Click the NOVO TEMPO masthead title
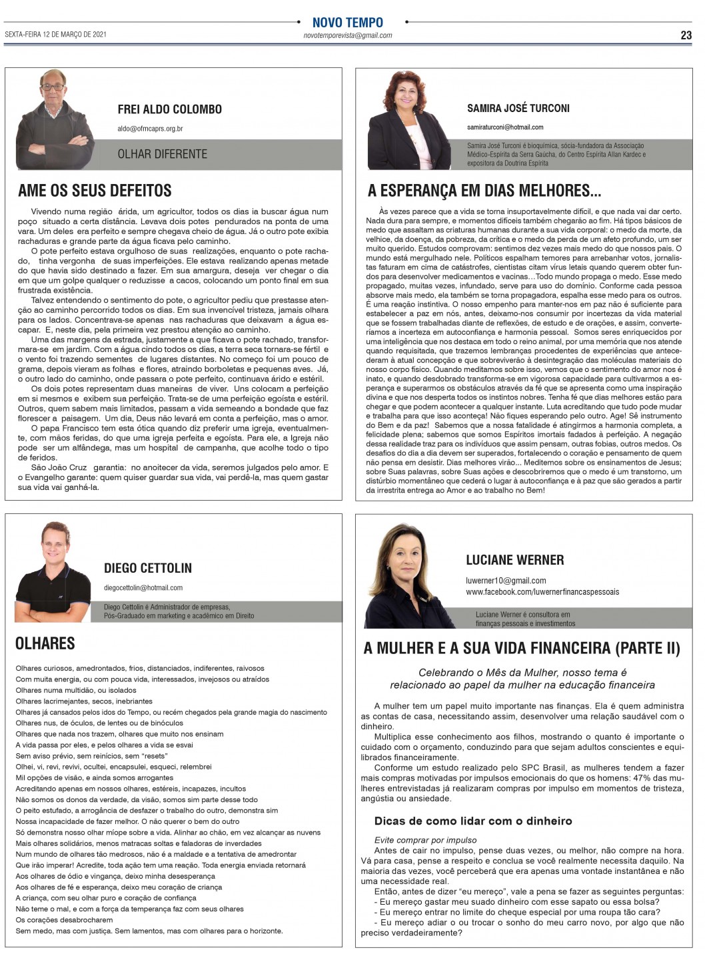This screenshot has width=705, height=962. click(x=347, y=22)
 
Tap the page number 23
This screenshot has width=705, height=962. click(x=686, y=35)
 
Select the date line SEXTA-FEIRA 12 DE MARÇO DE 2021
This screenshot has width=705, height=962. click(x=55, y=34)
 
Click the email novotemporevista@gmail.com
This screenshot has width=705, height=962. click(x=347, y=35)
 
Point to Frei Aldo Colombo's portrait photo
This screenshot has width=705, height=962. click(x=55, y=120)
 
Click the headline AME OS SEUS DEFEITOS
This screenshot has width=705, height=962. click(x=95, y=191)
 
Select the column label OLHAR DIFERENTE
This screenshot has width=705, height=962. click(x=162, y=154)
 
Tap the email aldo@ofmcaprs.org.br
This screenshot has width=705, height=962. click(x=150, y=129)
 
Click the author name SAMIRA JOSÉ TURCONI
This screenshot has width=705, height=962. click(x=518, y=108)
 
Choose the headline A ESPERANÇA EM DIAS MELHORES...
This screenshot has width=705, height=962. click(x=484, y=191)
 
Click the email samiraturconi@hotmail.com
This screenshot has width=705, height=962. click(x=504, y=127)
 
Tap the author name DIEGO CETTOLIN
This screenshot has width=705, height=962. click(x=147, y=568)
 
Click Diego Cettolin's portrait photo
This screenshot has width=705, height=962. click(x=53, y=571)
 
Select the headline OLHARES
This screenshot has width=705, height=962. click(x=45, y=643)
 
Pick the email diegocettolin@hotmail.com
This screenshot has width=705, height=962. click(x=143, y=588)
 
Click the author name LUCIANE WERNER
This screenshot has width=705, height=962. click(x=514, y=560)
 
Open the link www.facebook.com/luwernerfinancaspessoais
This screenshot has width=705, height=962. click(x=542, y=592)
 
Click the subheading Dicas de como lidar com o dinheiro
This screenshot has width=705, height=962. click(x=472, y=821)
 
